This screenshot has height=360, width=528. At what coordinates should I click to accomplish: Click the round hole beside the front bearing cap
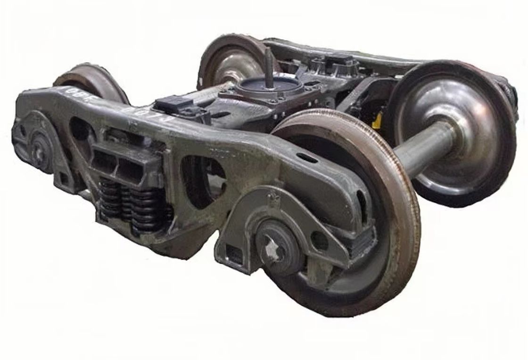[x=320, y=241]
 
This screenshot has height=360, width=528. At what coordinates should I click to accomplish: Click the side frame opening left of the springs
[x=80, y=128]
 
